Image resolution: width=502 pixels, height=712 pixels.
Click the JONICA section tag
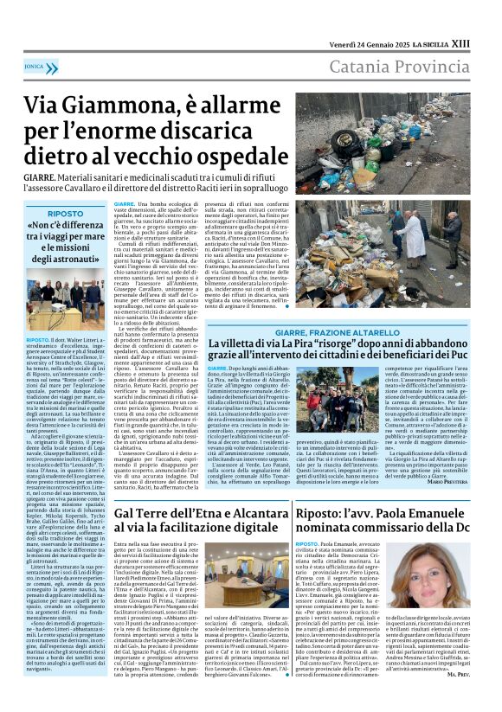coord(35,65)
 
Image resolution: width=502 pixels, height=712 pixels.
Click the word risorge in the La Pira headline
coord(341,344)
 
